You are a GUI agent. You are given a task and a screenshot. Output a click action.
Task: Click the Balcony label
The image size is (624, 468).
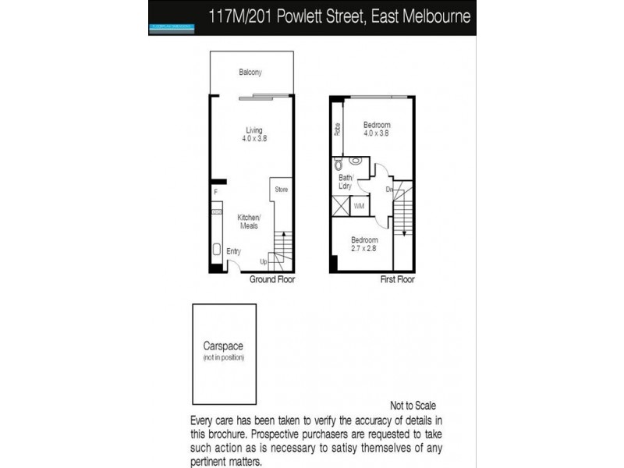pyautogui.click(x=250, y=73)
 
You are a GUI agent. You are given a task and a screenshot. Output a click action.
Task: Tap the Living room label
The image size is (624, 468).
pyautogui.click(x=254, y=129)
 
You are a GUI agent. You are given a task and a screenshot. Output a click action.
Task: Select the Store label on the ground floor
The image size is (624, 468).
pyautogui.click(x=281, y=190)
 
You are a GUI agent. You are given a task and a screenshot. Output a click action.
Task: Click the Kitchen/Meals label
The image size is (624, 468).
pyautogui.click(x=249, y=221)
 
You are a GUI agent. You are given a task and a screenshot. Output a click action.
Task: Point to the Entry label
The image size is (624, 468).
pyautogui.click(x=233, y=251)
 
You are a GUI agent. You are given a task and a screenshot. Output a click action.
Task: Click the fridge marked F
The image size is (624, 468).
pyautogui.click(x=215, y=191)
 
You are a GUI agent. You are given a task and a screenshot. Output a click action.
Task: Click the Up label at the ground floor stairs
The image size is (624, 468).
pyautogui.click(x=264, y=261)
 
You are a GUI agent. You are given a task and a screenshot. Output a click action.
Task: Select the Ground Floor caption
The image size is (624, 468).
pyautogui.click(x=272, y=279)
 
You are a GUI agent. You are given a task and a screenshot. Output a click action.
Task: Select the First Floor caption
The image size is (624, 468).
pyautogui.click(x=397, y=279)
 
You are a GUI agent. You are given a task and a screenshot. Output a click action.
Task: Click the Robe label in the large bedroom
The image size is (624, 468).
pyautogui.click(x=337, y=129)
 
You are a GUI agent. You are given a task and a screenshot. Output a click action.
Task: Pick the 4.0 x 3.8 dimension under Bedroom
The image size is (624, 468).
pyautogui.click(x=376, y=133)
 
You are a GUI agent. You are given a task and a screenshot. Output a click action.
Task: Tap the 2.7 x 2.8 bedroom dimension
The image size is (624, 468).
pyautogui.click(x=364, y=248)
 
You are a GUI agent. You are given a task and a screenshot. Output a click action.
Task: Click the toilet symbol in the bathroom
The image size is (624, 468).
pyautogui.click(x=337, y=165)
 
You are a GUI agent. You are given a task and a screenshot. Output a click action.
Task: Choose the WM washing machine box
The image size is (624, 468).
pyautogui.click(x=360, y=206)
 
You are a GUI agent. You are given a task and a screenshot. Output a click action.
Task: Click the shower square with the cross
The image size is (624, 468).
pyautogui.click(x=340, y=207)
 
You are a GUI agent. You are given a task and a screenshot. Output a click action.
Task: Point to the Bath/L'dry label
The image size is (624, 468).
pyautogui.click(x=346, y=183)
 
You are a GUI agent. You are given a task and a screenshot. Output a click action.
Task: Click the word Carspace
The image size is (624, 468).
pyautogui.click(x=224, y=348)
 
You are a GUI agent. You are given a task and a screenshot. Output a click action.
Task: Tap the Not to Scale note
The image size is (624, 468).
pyautogui.click(x=413, y=406)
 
